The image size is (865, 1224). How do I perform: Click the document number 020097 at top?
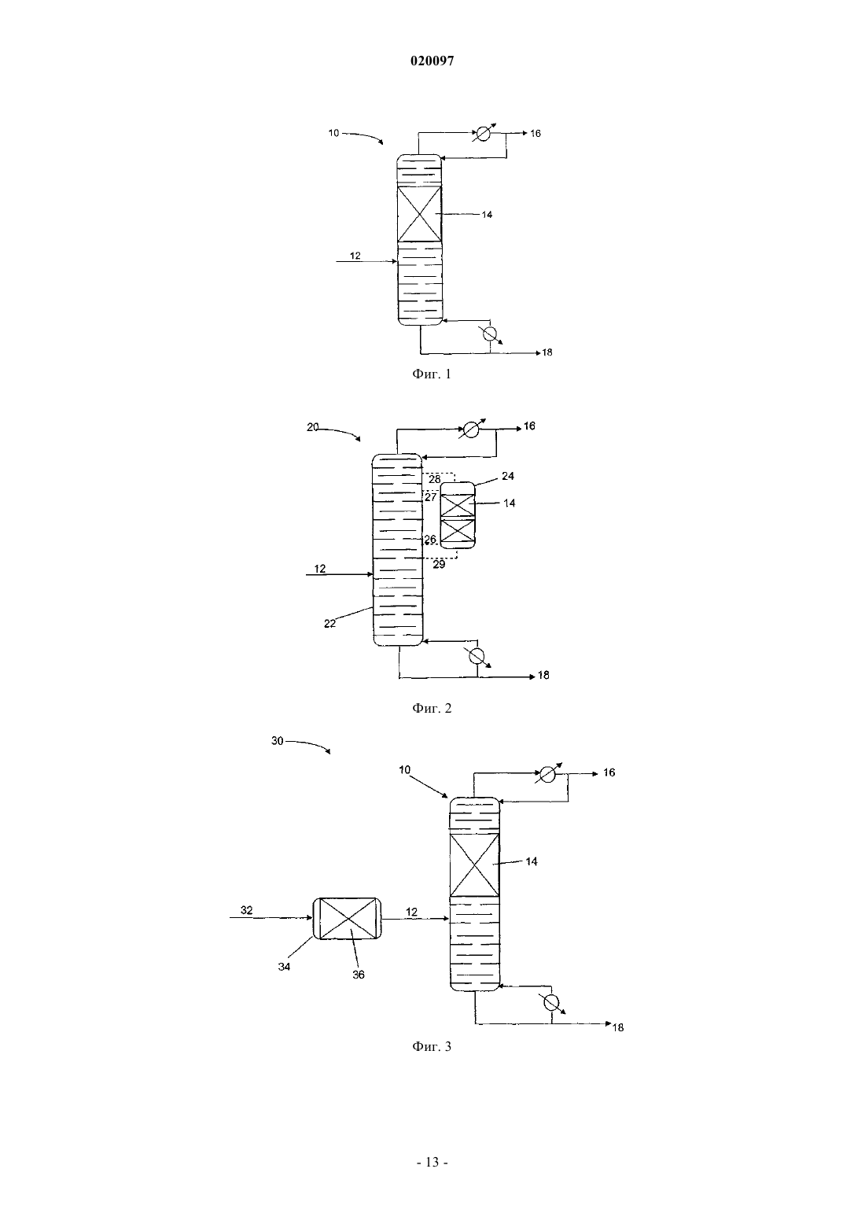coord(432,61)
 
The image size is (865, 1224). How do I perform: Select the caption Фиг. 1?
coord(432,374)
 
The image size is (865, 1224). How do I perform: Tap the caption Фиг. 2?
coord(432,708)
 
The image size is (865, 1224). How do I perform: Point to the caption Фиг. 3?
coord(432,1046)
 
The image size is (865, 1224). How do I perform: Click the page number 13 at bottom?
coord(432,1162)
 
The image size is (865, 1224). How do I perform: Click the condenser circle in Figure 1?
coord(483,134)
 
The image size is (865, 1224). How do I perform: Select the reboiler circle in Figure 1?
coord(489,334)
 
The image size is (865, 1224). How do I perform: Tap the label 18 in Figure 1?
coord(547,352)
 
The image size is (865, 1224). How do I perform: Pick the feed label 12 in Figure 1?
coord(355,256)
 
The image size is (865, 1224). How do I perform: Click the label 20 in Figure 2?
coord(312,427)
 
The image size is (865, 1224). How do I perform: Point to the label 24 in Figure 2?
coord(508,476)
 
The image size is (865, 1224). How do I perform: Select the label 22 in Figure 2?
coord(329,624)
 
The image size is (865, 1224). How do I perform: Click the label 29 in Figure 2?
coord(439,564)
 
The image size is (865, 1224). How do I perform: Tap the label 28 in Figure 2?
coord(434,479)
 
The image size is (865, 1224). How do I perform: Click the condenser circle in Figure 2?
coord(470,430)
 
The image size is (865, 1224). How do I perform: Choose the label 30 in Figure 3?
coord(278,741)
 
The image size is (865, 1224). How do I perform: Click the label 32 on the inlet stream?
coord(247,910)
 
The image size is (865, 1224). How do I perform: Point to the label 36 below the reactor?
coord(359,975)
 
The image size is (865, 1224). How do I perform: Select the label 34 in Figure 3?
coord(284,967)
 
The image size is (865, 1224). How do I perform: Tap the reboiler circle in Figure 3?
coord(551,1002)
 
